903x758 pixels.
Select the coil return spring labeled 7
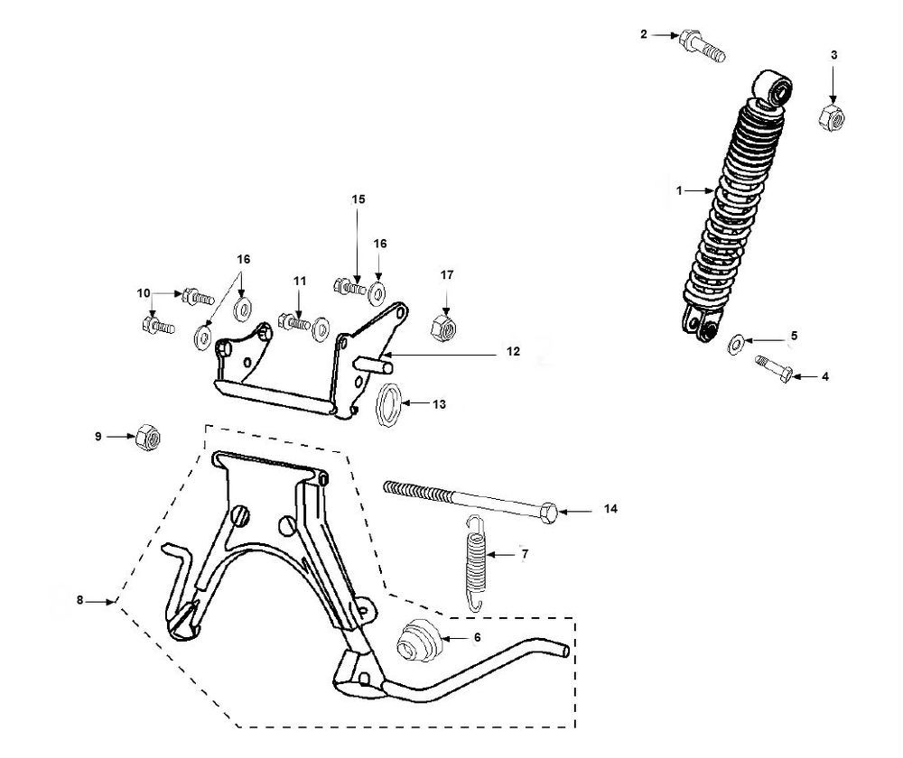(x=474, y=555)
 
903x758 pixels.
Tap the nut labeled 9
(x=147, y=436)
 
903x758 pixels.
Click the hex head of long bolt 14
(x=548, y=512)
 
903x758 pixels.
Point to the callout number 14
(x=611, y=511)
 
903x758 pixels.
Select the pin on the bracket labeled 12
(x=378, y=363)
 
